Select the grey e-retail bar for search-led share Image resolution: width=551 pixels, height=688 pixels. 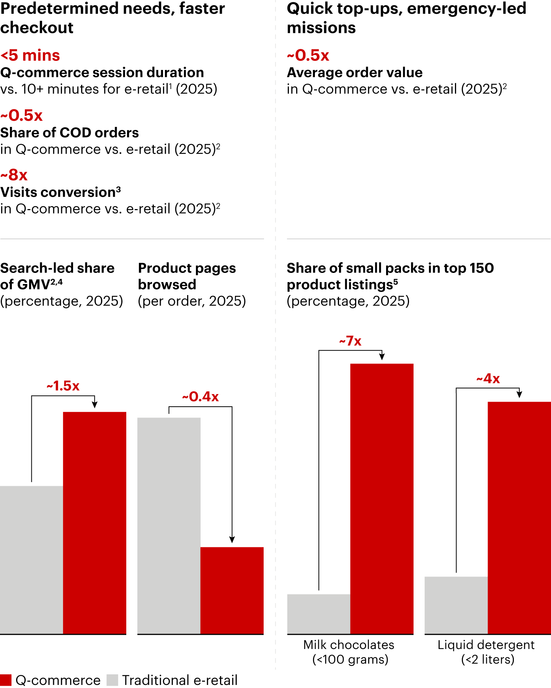(31, 560)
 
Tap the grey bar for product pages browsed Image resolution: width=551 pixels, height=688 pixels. (169, 526)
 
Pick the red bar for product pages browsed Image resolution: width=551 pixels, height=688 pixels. (232, 591)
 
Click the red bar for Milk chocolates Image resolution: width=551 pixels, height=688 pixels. (382, 499)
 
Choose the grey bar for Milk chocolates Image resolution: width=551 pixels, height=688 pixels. (319, 614)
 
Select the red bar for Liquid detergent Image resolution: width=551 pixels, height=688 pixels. (519, 518)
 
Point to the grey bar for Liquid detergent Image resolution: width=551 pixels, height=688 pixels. (456, 605)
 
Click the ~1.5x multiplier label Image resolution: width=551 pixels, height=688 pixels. (63, 386)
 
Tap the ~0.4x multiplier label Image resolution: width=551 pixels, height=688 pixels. (201, 397)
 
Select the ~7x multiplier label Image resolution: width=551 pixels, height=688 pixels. (350, 341)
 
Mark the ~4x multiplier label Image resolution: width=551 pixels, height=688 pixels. (488, 379)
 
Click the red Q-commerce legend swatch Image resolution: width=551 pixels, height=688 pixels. (6, 680)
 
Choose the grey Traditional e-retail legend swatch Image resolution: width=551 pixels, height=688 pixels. (112, 680)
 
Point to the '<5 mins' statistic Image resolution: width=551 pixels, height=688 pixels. (30, 55)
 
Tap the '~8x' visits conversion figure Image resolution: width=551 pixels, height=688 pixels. (14, 175)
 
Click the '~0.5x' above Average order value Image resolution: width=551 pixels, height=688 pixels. (308, 55)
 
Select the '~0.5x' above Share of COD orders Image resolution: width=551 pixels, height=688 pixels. (21, 115)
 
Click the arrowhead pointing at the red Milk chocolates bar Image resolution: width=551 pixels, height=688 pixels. (382, 357)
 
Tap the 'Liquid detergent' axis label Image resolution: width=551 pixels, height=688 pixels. (486, 645)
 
